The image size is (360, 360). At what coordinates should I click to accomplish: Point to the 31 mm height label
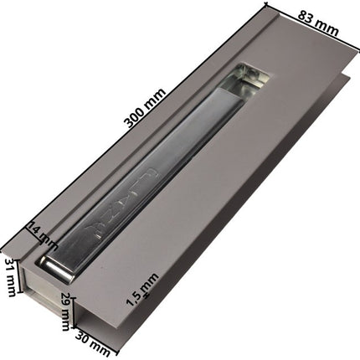(11, 276)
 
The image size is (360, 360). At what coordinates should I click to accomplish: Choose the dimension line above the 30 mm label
(96, 332)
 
